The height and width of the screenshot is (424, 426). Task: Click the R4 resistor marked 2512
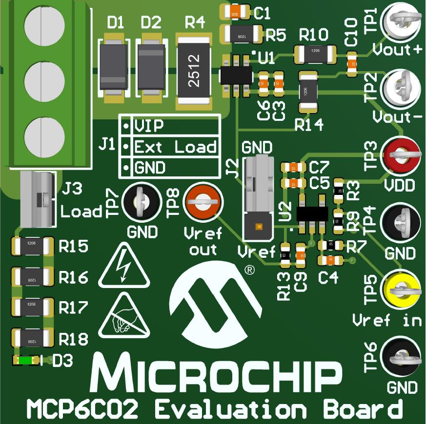coord(194,70)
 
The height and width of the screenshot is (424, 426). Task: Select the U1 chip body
coord(237,75)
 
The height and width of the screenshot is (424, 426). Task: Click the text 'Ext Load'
coord(175,147)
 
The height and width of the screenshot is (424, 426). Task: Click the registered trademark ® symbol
coord(249,269)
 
